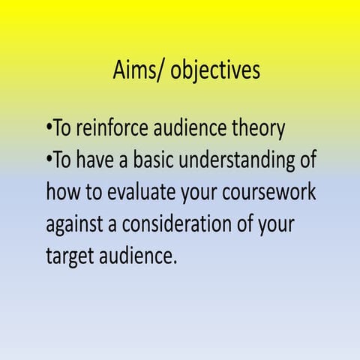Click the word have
point(99,160)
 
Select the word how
point(61,192)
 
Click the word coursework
point(268,193)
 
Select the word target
point(68,256)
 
